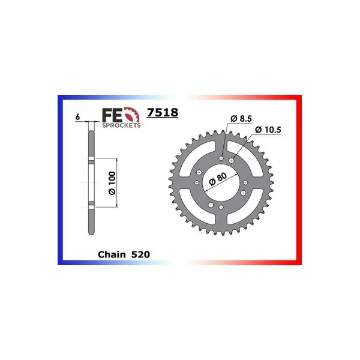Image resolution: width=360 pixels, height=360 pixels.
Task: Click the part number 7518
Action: point(163,113)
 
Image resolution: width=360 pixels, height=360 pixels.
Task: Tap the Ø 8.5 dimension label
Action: point(241,119)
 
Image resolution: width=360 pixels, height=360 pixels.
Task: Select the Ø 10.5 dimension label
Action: point(268,130)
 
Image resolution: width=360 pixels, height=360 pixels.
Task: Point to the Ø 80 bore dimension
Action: point(218,179)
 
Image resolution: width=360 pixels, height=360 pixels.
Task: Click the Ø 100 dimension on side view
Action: point(112,183)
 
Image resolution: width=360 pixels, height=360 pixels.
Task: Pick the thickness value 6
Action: point(77,117)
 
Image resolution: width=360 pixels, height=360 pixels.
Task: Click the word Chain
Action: point(112,254)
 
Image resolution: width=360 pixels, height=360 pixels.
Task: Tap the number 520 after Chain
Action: point(140,254)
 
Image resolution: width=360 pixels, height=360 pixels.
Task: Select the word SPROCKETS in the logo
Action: point(121,125)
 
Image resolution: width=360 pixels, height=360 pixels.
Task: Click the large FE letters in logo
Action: point(113,115)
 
